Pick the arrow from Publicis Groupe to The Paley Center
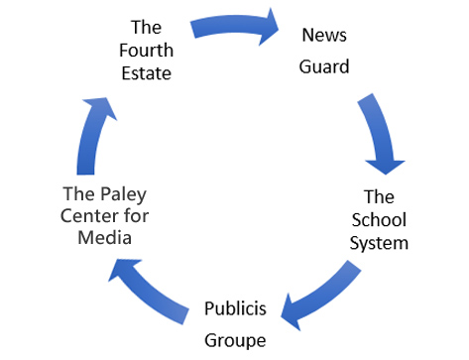(149, 291)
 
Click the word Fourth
(146, 51)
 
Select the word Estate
(147, 73)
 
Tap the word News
(324, 35)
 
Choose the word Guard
(324, 66)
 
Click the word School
(379, 220)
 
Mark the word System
(379, 244)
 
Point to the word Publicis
(235, 308)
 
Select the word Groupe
(235, 340)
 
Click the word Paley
(124, 194)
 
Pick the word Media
(105, 238)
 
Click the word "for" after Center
(137, 216)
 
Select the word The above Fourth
(146, 27)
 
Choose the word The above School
(379, 197)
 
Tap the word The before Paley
(79, 193)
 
